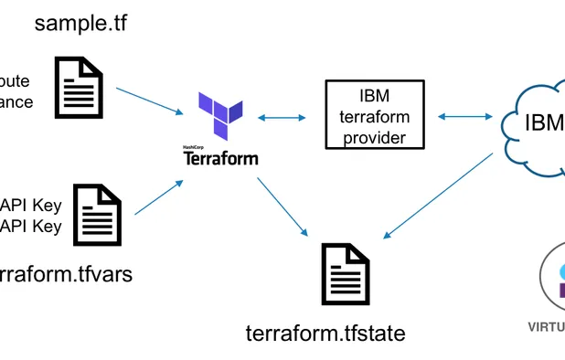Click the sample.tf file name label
pos(80,23)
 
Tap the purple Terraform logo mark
pos(219,114)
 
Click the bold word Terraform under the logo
pos(220,158)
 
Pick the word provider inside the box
pos(375,137)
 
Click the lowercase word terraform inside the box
pos(375,117)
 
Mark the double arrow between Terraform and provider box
pos(282,117)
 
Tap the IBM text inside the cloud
pos(544,122)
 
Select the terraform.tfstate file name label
pos(325,333)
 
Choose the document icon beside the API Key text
pos(98,213)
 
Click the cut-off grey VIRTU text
pos(547,326)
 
